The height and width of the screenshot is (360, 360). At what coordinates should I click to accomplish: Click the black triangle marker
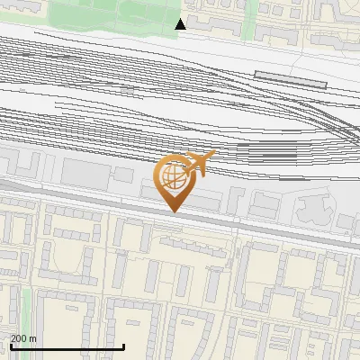coord(181,24)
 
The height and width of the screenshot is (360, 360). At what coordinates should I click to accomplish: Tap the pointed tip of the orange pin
coord(175,211)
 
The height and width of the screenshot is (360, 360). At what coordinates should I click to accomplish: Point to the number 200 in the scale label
coord(18,338)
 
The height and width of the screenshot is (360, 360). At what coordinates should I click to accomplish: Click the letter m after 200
coord(32,338)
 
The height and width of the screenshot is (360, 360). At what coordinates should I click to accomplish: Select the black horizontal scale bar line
coord(67,346)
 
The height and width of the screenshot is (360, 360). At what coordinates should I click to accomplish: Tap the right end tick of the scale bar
coord(123,345)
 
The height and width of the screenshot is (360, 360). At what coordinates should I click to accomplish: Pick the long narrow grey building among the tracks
coord(289,76)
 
